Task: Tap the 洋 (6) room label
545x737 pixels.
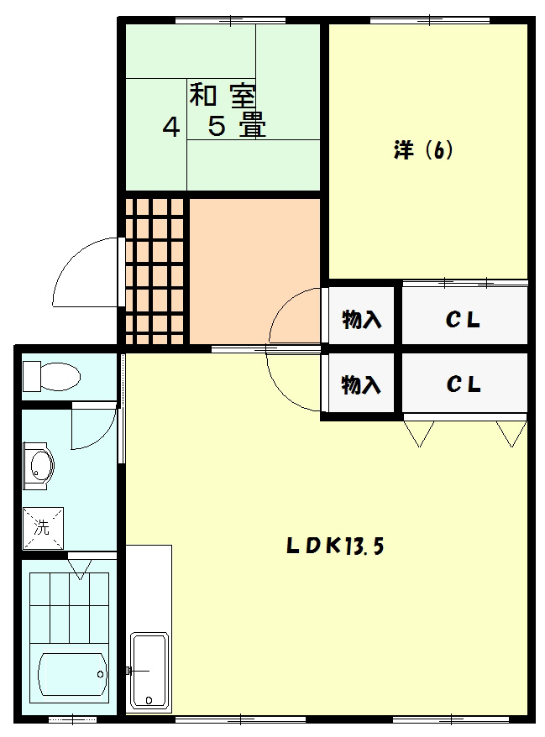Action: pos(423,151)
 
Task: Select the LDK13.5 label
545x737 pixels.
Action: pos(334,546)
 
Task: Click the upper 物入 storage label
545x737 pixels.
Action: pos(361,320)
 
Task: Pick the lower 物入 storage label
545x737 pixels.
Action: pos(361,385)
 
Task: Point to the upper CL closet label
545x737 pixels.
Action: pos(463,320)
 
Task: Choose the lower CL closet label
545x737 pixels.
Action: pos(463,385)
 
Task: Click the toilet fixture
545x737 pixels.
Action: pos(50,375)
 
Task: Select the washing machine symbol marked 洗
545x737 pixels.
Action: pos(40,527)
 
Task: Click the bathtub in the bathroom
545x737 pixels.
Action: pos(71,674)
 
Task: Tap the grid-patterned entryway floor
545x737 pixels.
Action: pos(155,270)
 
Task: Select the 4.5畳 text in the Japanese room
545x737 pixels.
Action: pos(213,128)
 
